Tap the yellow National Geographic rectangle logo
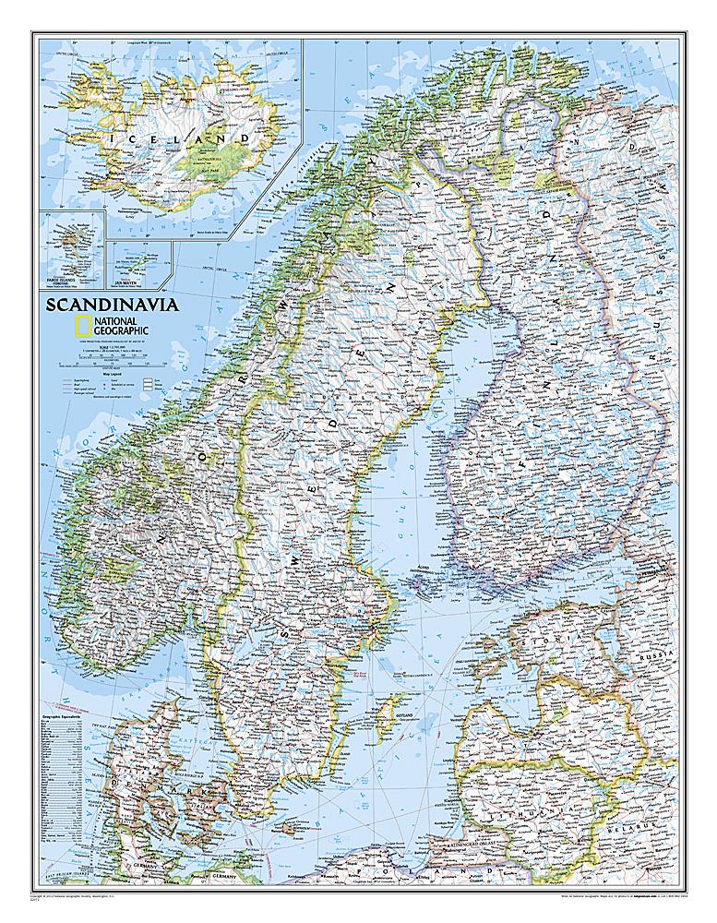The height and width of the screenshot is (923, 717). tap(81, 324)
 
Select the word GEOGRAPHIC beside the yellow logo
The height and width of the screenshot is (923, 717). tap(120, 330)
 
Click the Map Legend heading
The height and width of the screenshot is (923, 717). tap(76, 372)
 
